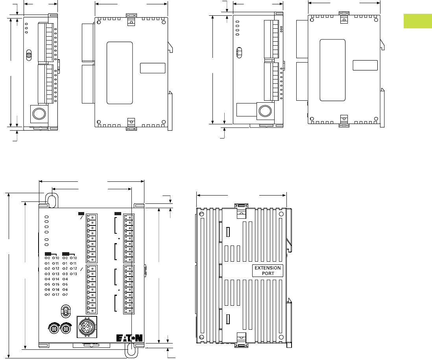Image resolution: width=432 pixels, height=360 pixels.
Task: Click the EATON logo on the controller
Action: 129,338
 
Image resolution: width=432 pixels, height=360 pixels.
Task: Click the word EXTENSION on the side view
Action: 268,268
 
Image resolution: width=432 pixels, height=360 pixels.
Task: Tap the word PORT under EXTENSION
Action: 268,273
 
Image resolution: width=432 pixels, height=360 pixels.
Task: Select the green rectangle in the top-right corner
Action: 418,21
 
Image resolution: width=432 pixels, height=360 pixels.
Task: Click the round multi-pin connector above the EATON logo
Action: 87,327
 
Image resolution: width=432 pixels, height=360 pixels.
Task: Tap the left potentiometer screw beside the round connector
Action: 54,328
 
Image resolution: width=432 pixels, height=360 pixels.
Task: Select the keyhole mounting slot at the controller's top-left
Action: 52,200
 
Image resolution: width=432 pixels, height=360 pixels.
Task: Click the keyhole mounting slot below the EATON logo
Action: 131,350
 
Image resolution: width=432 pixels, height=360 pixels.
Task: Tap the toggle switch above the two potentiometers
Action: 66,311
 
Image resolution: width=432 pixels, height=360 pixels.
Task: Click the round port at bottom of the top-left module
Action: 39,114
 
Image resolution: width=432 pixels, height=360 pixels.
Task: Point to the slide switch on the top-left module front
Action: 29,55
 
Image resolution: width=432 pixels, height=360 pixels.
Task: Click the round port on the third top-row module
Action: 265,111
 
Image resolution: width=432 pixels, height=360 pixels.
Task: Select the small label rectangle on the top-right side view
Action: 365,65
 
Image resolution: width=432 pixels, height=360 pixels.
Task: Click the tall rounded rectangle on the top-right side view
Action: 332,70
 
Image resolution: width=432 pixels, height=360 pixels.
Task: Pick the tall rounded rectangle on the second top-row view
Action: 120,73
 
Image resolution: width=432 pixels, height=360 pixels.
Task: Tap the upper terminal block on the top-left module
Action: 46,42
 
